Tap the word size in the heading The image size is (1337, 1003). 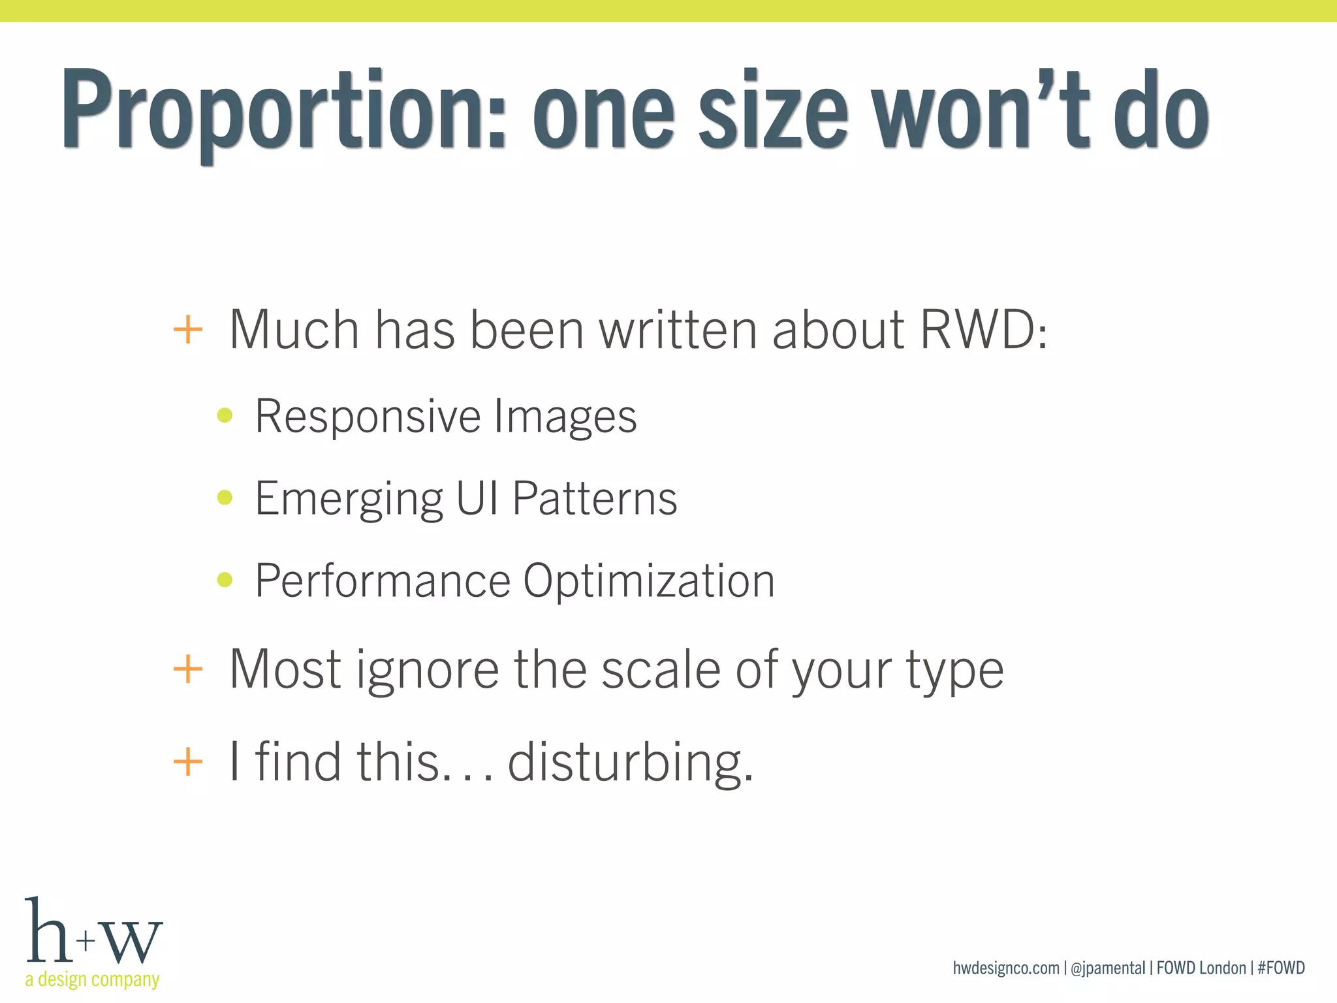click(x=773, y=111)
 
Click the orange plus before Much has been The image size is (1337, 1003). click(x=188, y=330)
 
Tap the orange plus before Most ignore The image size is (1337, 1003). click(x=188, y=670)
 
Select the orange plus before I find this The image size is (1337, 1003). click(x=188, y=762)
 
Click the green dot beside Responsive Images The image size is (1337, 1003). click(x=225, y=415)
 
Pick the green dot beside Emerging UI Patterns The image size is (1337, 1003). click(x=225, y=498)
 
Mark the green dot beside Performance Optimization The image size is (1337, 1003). click(x=225, y=580)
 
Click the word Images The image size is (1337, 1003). click(x=565, y=417)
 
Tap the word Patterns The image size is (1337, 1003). click(x=595, y=498)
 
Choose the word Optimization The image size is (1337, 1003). click(x=649, y=581)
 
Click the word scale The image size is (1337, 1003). click(x=660, y=670)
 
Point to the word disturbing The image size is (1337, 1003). click(x=631, y=762)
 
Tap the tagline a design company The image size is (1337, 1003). click(x=92, y=979)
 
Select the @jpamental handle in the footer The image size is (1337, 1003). click(x=1108, y=968)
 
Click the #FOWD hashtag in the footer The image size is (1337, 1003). click(x=1281, y=968)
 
